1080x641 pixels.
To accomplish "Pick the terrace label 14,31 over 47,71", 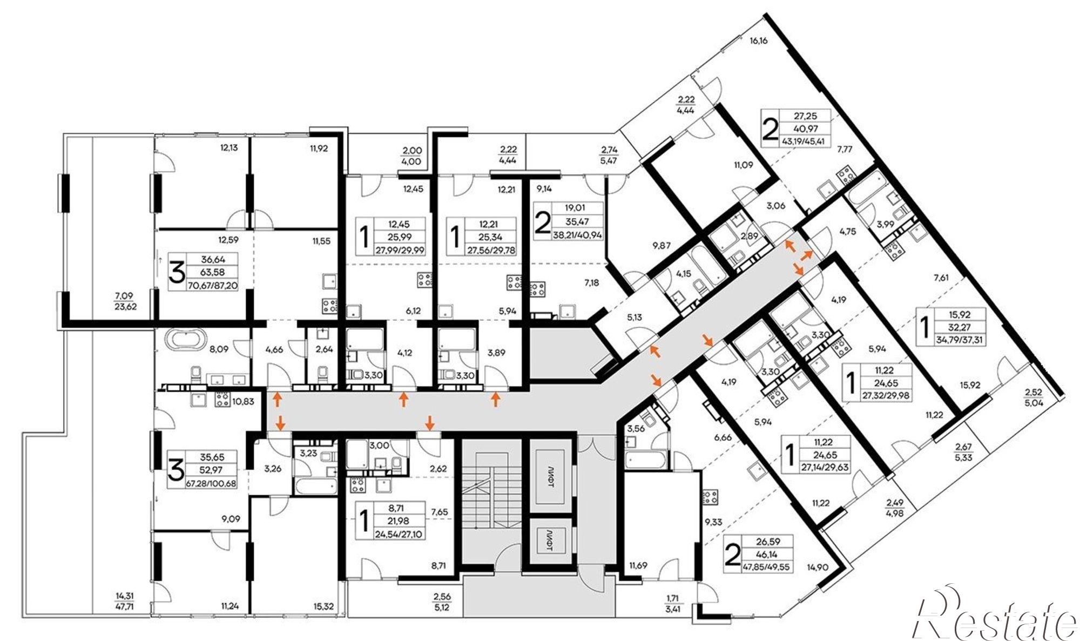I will click(124, 600).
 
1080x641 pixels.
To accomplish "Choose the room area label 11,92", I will click(318, 147).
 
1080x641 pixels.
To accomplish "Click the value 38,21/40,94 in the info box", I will click(577, 235).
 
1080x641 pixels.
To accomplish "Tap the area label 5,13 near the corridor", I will click(634, 318).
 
